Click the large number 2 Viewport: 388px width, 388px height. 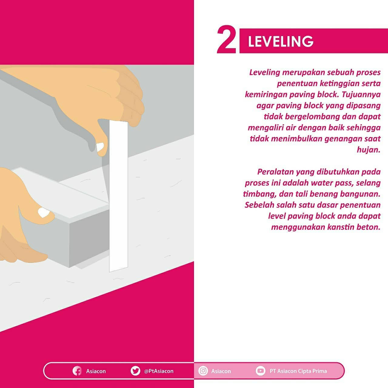coord(226,39)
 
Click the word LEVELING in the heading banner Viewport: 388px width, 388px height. coord(281,42)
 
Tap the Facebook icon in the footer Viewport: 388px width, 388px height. coord(77,371)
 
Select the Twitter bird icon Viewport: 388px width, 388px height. coord(135,371)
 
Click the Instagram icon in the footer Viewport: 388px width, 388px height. coord(203,371)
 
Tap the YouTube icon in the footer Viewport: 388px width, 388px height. coord(261,371)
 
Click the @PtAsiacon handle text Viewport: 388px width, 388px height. coord(159,371)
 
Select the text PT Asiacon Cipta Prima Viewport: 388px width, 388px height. coord(298,371)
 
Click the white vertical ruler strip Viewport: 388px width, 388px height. coord(119,196)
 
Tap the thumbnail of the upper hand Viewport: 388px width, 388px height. coord(100,147)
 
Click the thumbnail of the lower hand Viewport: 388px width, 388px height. coord(43,212)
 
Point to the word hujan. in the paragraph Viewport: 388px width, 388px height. coord(369,150)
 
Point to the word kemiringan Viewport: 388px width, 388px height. coord(266,95)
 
